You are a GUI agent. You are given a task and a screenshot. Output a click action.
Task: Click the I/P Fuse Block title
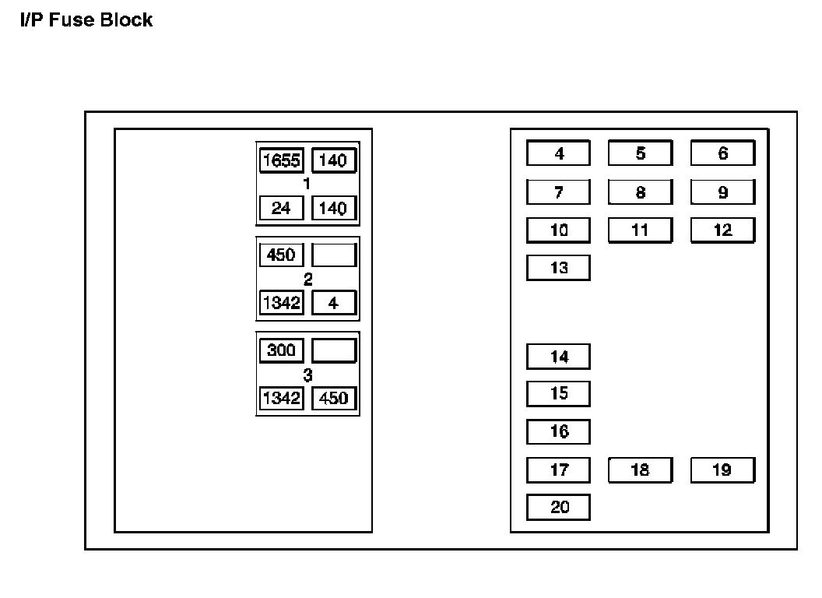pyautogui.click(x=86, y=20)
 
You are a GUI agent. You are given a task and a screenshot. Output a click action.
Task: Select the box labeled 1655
pyautogui.click(x=281, y=161)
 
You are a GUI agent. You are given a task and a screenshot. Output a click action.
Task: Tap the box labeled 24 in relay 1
pyautogui.click(x=281, y=209)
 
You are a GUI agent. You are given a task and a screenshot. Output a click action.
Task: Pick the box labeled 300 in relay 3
pyautogui.click(x=281, y=350)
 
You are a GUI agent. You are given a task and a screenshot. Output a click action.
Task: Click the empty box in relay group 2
pyautogui.click(x=334, y=255)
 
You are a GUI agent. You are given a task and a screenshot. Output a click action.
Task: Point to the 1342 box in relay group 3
pyautogui.click(x=281, y=398)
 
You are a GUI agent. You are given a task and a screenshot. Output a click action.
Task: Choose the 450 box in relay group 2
pyautogui.click(x=281, y=255)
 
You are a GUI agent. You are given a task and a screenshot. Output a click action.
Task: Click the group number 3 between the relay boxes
pyautogui.click(x=307, y=375)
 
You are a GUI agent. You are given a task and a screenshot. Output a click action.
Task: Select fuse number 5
pyautogui.click(x=640, y=153)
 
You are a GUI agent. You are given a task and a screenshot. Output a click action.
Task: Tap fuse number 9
pyautogui.click(x=722, y=192)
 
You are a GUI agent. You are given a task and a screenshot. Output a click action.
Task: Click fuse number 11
pyautogui.click(x=640, y=230)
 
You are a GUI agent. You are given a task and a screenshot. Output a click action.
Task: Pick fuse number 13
pyautogui.click(x=558, y=268)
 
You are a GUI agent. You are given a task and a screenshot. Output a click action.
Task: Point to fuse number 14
pyautogui.click(x=558, y=357)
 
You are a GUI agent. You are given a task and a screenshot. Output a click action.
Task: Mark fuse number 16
pyautogui.click(x=558, y=431)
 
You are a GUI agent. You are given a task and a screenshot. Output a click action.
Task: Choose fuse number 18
pyautogui.click(x=640, y=470)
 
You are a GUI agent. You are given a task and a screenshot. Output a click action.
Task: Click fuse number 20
pyautogui.click(x=558, y=507)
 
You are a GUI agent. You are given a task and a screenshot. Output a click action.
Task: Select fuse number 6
pyautogui.click(x=722, y=153)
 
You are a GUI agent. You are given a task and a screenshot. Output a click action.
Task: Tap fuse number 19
pyautogui.click(x=722, y=470)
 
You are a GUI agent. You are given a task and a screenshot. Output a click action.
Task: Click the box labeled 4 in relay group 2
pyautogui.click(x=334, y=303)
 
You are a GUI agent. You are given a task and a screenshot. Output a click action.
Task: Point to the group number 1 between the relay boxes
pyautogui.click(x=307, y=185)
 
